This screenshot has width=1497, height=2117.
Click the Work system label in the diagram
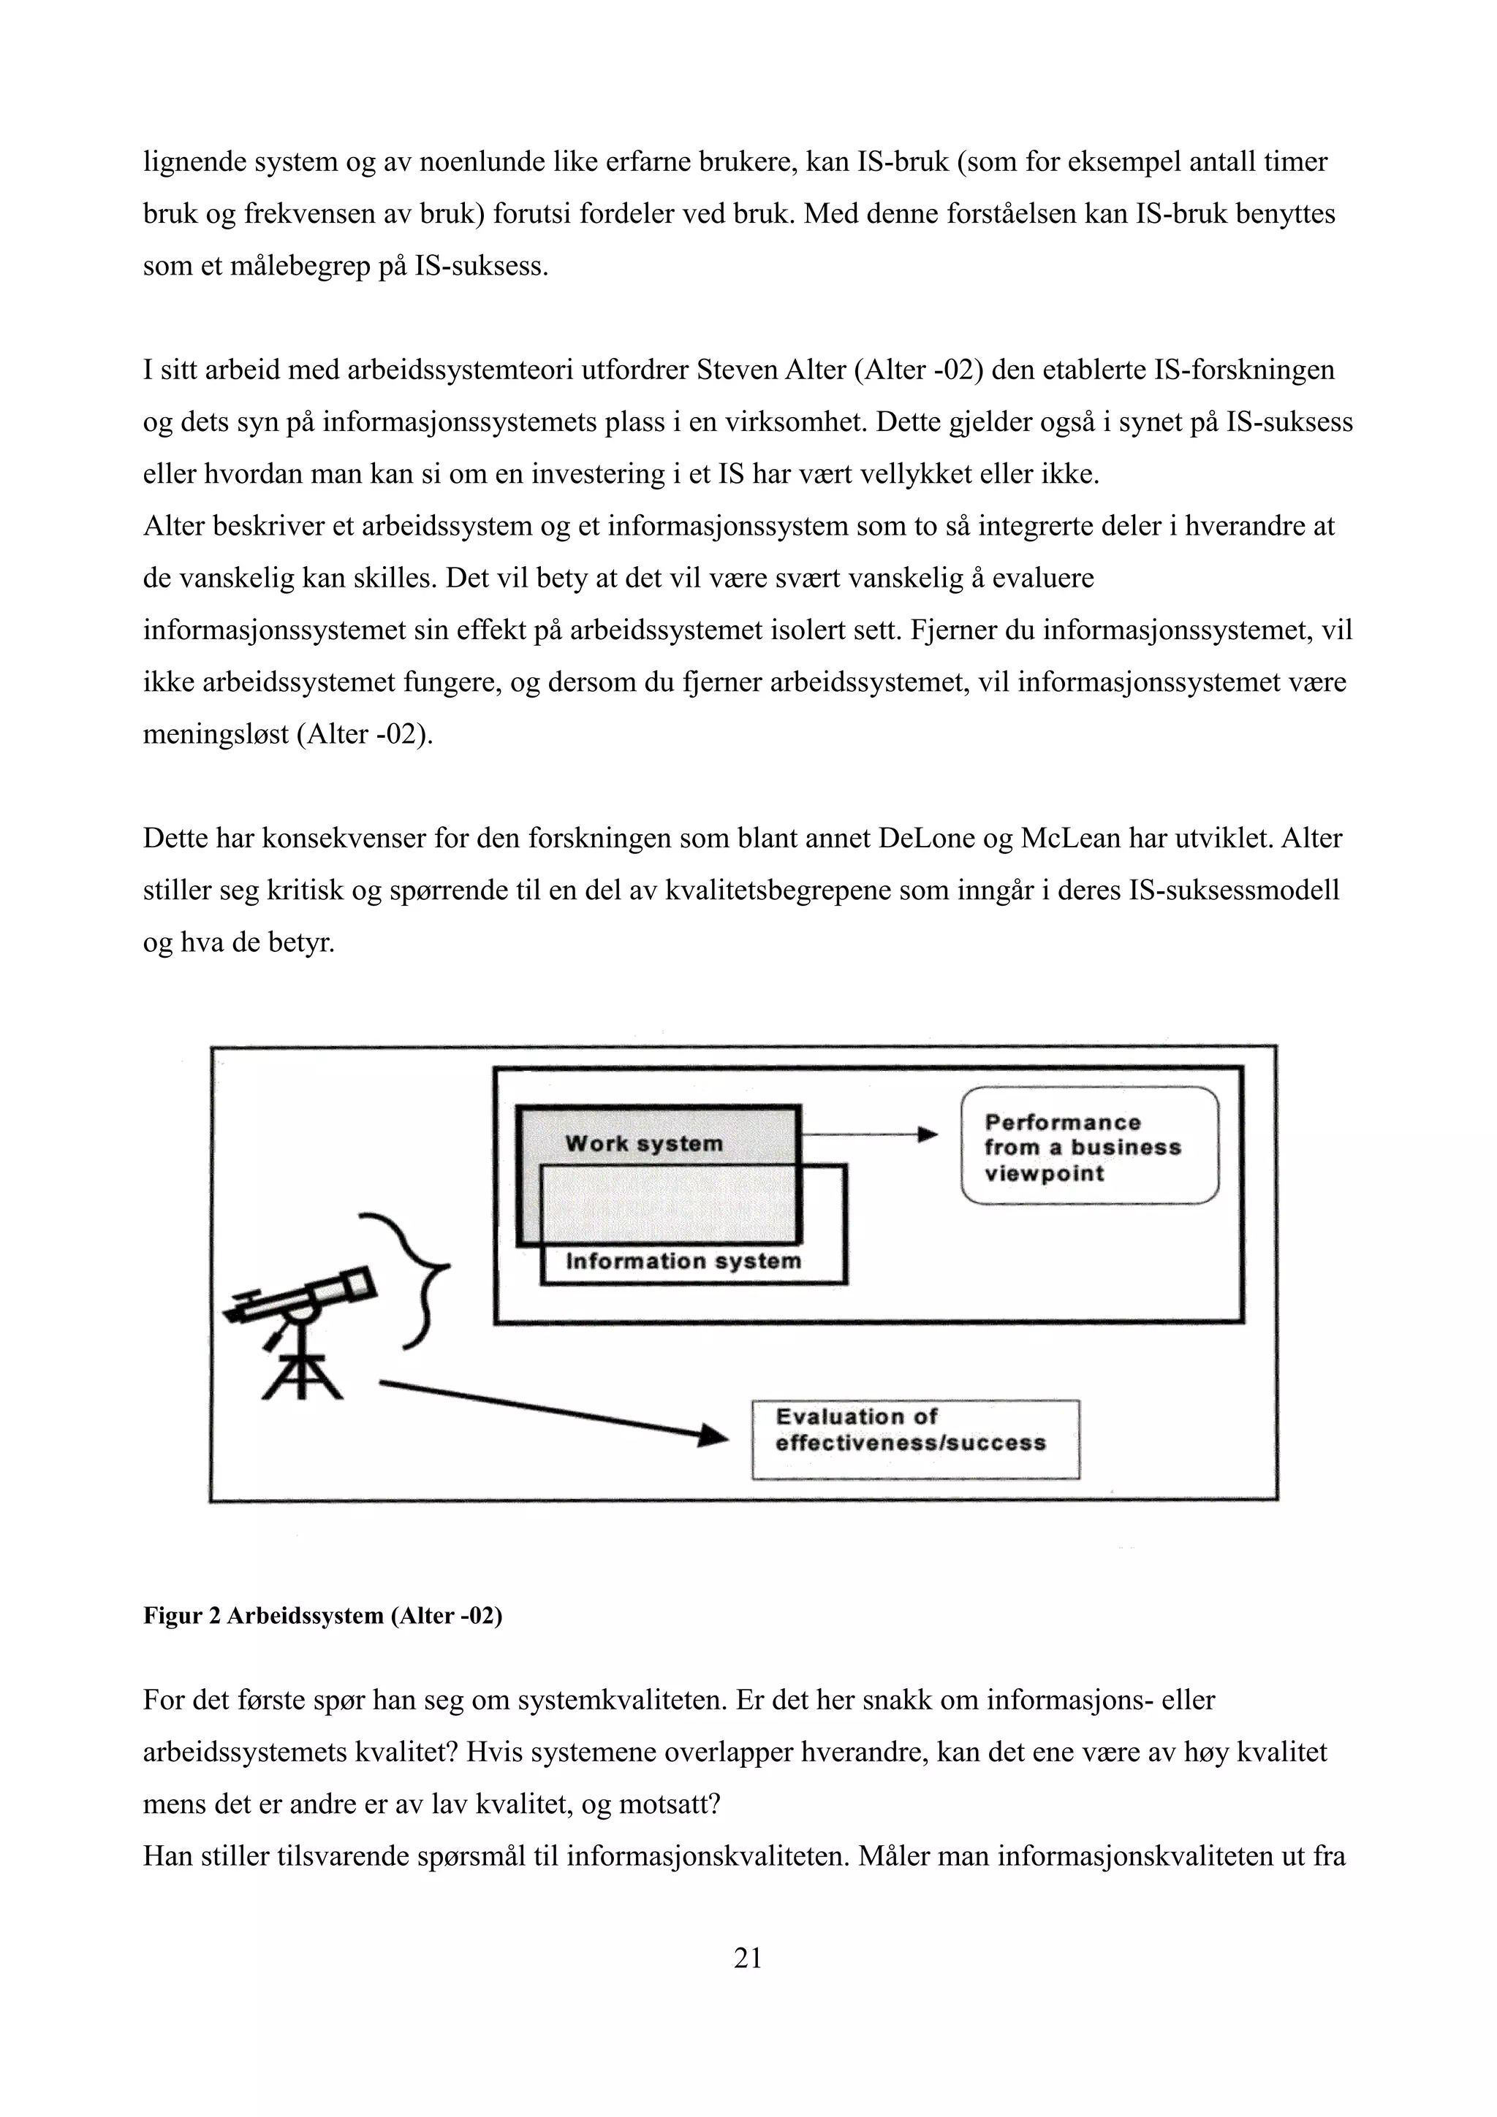[644, 1143]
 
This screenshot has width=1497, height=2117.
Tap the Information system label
[683, 1262]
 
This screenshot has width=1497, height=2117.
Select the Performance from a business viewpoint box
[1089, 1147]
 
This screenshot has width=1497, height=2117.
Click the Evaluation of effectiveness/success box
[915, 1430]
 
